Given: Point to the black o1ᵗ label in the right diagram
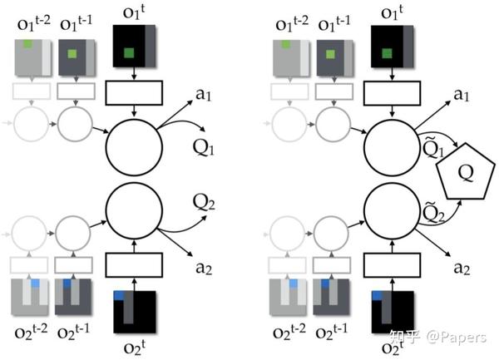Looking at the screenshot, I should (388, 12).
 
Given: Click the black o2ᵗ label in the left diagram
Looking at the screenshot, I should (132, 347).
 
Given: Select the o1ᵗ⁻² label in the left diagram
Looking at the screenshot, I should (34, 18).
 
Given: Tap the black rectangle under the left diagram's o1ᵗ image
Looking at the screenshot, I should (132, 93).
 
